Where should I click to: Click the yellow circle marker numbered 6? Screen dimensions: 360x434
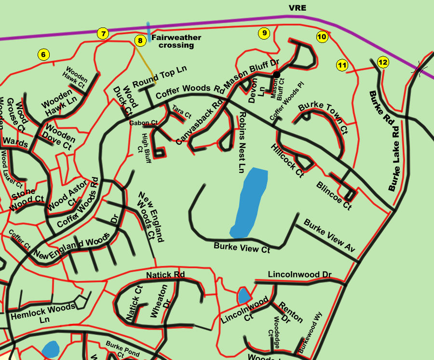43,55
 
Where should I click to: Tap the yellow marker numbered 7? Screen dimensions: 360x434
103,34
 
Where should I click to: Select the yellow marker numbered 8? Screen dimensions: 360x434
139,41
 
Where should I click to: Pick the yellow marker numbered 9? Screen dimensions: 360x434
263,33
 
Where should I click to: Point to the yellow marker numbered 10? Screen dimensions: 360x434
322,37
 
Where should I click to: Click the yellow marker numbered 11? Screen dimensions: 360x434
342,65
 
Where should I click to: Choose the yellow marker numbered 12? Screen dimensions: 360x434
383,62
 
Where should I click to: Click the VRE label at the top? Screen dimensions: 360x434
297,8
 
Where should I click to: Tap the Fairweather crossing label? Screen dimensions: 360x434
176,41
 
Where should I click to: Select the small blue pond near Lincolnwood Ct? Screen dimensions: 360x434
244,294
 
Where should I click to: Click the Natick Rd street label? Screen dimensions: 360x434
165,275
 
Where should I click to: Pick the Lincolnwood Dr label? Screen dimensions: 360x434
299,275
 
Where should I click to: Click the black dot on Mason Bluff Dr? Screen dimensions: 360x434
277,74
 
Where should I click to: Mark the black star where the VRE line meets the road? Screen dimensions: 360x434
420,70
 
